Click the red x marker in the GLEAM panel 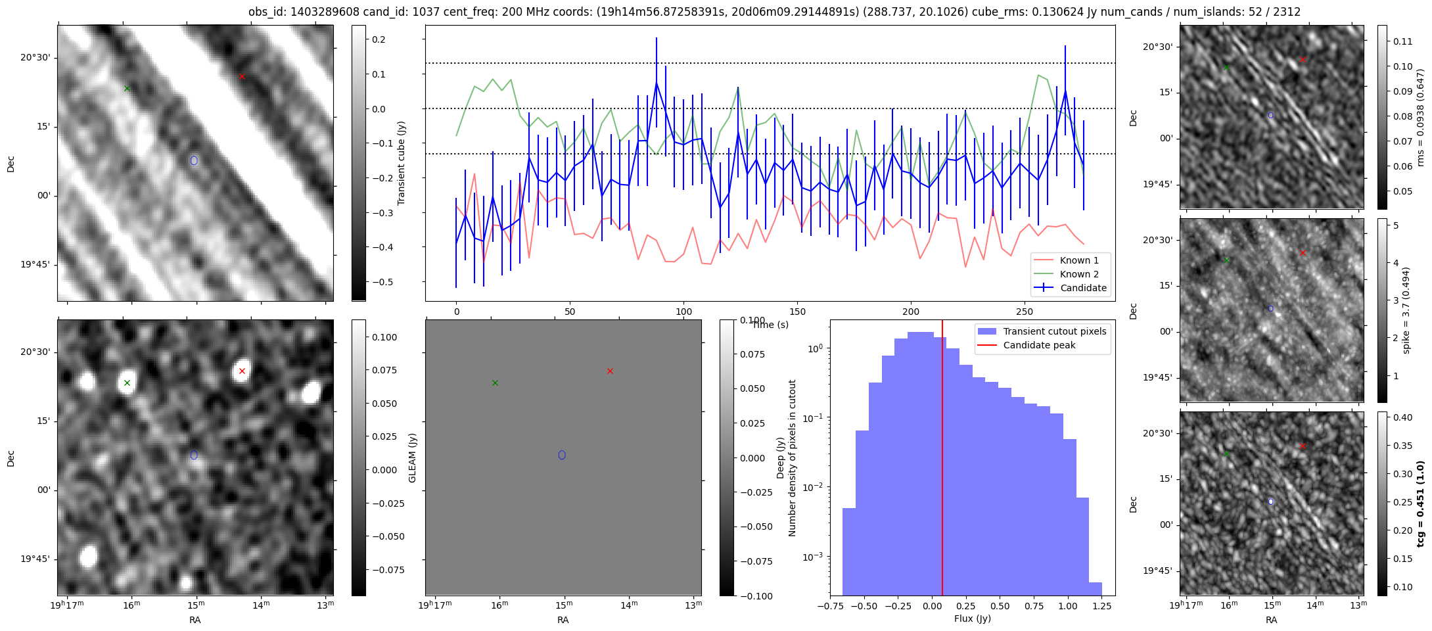pos(610,371)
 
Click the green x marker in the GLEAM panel pos(495,383)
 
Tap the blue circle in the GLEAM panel pos(562,455)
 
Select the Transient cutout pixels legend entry pos(1042,331)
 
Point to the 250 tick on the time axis pos(1025,312)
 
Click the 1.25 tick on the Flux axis pos(1101,606)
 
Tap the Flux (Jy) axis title pos(972,619)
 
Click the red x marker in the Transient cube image pos(242,77)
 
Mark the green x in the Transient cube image pos(127,88)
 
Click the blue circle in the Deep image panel pos(194,455)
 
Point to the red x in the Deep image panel pos(242,371)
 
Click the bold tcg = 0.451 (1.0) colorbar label pos(1420,503)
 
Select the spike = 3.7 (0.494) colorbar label pos(1406,310)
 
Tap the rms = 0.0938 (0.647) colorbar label pos(1420,117)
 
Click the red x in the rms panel pos(1303,59)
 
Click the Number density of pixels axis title pos(792,458)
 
